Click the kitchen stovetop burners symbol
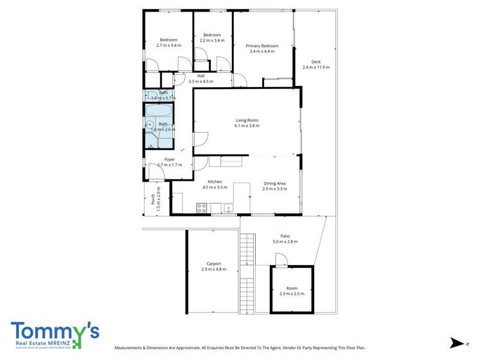202,208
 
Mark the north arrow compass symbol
456,343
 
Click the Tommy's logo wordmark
54,331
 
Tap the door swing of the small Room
281,259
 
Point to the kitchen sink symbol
228,207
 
